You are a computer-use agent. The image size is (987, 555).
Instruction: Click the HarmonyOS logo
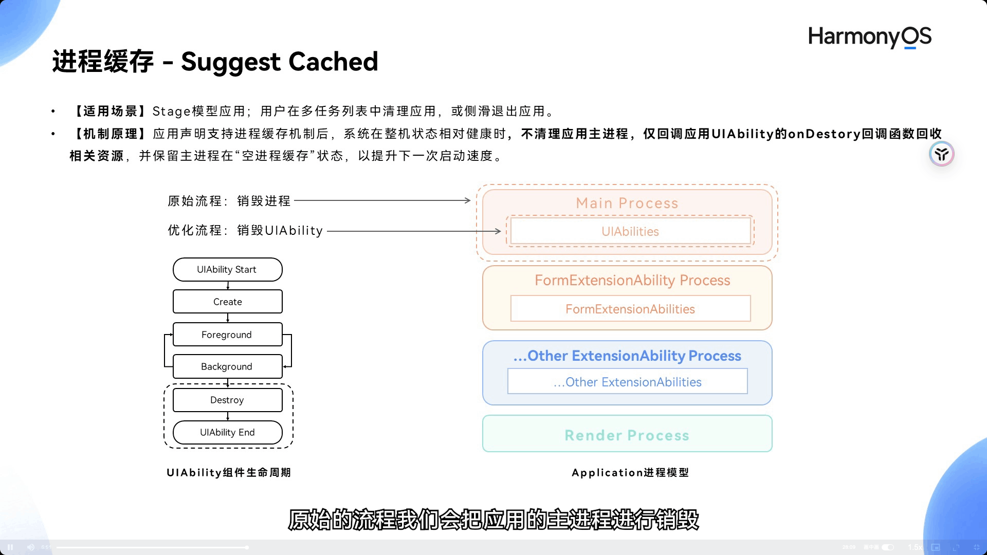[869, 37]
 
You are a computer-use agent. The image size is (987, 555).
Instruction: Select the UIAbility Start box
[227, 269]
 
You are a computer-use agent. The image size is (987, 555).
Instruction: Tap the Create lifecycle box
[227, 302]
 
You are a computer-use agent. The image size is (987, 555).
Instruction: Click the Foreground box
[227, 335]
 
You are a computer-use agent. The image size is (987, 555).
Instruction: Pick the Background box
[227, 366]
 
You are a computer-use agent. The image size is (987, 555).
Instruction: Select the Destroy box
[227, 400]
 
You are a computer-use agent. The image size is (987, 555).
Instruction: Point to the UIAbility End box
[227, 432]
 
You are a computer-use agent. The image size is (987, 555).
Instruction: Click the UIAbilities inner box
[630, 231]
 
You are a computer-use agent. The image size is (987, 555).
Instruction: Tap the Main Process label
[627, 203]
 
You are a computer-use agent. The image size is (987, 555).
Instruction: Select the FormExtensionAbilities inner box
[630, 309]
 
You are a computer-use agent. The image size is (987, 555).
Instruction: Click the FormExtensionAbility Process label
[632, 280]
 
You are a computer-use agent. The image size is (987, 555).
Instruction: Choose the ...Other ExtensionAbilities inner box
[627, 382]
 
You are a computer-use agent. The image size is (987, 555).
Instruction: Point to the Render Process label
[627, 435]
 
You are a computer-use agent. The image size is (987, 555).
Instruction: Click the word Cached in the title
[333, 62]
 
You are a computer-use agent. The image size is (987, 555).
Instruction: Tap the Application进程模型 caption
[630, 472]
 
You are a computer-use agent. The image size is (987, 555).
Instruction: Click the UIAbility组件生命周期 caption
[229, 472]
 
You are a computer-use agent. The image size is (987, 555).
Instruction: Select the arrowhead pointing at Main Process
[467, 200]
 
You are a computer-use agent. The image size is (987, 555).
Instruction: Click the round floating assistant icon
[941, 154]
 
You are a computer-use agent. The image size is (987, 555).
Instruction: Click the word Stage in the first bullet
[171, 111]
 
